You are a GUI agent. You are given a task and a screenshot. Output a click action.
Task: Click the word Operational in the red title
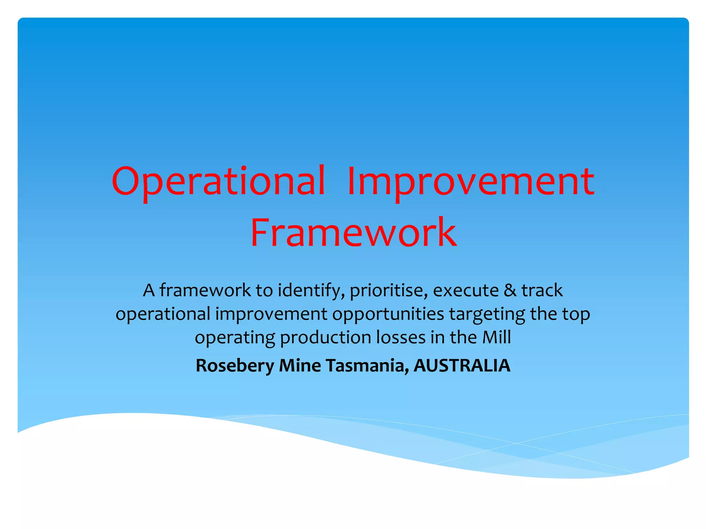[218, 181]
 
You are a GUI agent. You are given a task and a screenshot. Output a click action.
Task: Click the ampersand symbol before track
[510, 290]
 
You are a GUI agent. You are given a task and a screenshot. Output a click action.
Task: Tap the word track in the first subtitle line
[542, 290]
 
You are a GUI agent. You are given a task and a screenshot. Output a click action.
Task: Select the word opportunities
[388, 314]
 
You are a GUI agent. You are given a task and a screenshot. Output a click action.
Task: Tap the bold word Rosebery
[235, 366]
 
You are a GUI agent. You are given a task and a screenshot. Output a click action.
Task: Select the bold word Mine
[300, 366]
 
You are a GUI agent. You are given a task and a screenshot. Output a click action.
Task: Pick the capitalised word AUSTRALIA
[462, 366]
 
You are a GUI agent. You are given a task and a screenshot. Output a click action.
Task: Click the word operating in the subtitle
[235, 338]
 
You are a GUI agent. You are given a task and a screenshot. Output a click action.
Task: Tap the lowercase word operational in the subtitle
[163, 314]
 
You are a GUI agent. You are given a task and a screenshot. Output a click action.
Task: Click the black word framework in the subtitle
[205, 290]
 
